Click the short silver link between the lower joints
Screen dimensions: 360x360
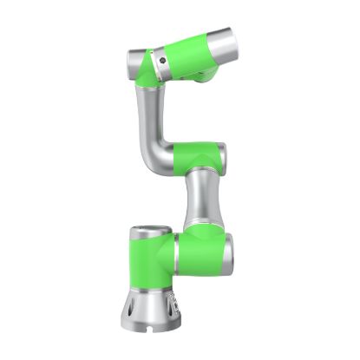click(x=200, y=201)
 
